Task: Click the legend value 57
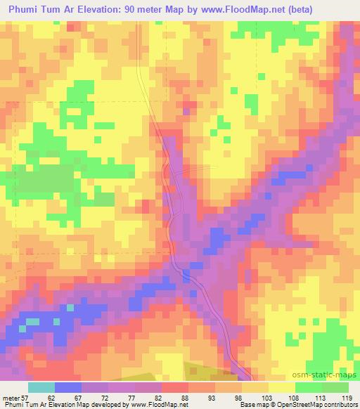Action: (x=26, y=397)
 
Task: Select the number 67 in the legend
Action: (x=86, y=397)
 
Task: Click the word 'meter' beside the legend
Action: (x=11, y=397)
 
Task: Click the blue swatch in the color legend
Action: (x=68, y=387)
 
